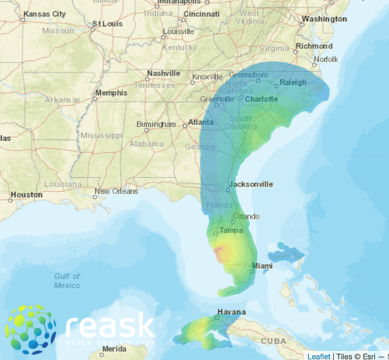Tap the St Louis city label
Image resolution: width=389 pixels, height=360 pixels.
point(105,24)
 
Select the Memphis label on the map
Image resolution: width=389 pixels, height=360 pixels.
point(111,93)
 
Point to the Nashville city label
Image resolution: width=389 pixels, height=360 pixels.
point(164,73)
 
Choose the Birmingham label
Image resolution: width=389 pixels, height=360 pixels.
point(156,124)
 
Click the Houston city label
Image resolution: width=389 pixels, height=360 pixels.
point(27,195)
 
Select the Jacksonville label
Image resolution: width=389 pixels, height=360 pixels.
point(251,184)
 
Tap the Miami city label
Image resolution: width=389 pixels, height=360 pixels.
point(263,266)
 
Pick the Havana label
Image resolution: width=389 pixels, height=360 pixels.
point(231,312)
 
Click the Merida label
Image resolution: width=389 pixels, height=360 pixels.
point(114,348)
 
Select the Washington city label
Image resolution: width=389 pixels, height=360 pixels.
point(325,19)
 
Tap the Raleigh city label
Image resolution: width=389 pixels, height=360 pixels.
point(293,83)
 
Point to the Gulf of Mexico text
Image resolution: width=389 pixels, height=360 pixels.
point(68,280)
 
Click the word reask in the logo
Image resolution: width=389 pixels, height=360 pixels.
point(110,326)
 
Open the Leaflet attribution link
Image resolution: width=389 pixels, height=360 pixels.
point(319,356)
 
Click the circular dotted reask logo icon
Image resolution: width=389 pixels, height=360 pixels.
point(31,329)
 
